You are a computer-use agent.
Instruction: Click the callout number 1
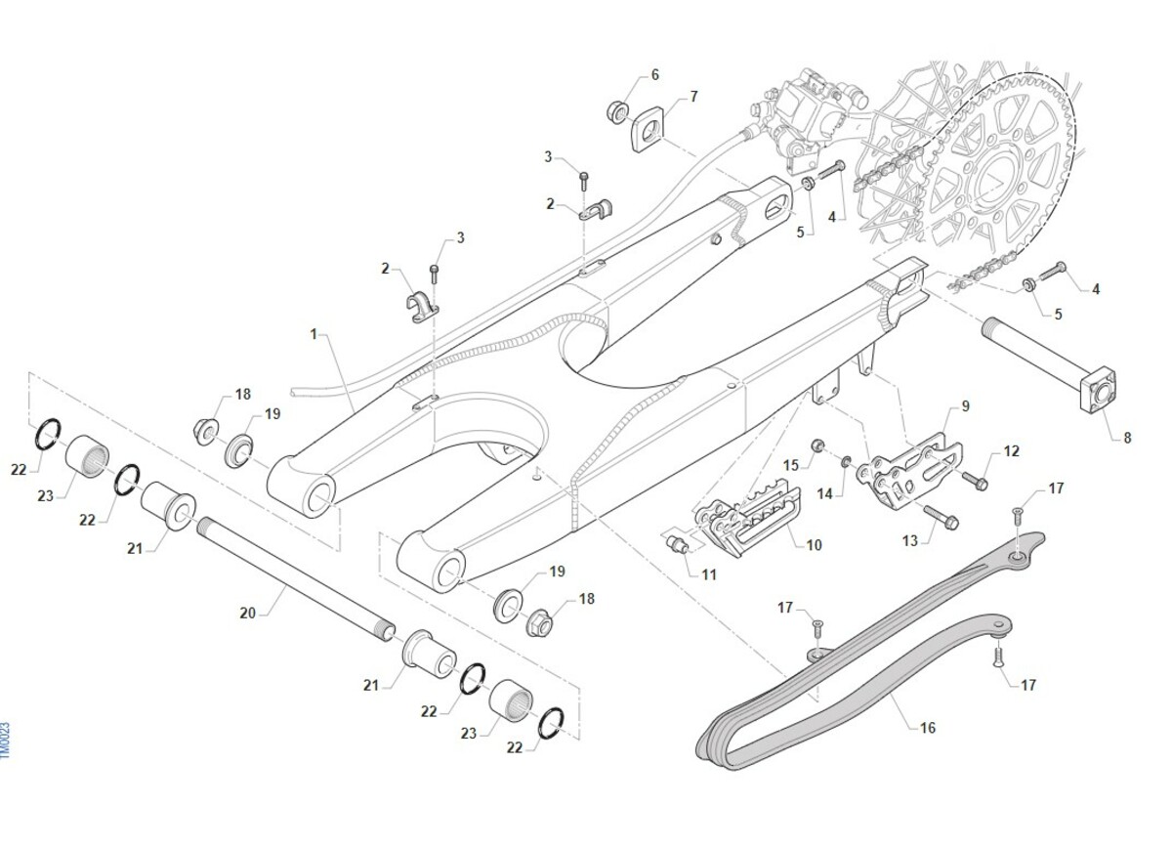[x=314, y=334]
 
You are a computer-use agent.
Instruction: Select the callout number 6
[x=654, y=75]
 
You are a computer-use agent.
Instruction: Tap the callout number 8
[x=1127, y=438]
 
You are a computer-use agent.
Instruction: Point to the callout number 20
[x=247, y=613]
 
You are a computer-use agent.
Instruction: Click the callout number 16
[x=927, y=728]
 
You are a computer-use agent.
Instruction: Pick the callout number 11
[x=708, y=574]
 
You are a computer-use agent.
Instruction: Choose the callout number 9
[x=965, y=405]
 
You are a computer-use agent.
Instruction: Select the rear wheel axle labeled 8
[x=1045, y=366]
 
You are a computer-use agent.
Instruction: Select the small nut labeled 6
[x=618, y=111]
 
